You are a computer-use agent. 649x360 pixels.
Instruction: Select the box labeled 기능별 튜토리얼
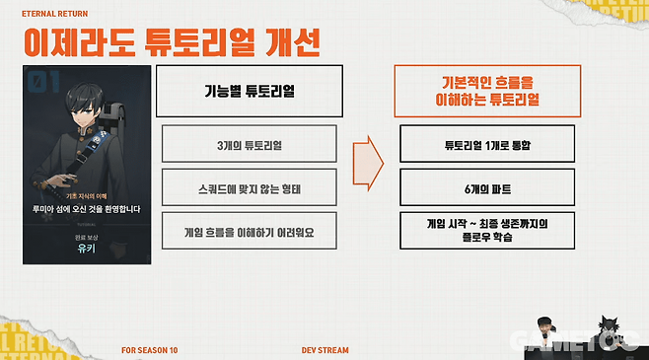click(x=250, y=89)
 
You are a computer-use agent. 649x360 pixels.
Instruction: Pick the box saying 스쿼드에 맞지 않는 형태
click(x=250, y=188)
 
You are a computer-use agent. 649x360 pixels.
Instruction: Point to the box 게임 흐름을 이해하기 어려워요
click(x=250, y=231)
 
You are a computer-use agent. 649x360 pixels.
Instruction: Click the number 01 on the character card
click(x=38, y=78)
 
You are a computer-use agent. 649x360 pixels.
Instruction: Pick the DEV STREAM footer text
click(x=324, y=349)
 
